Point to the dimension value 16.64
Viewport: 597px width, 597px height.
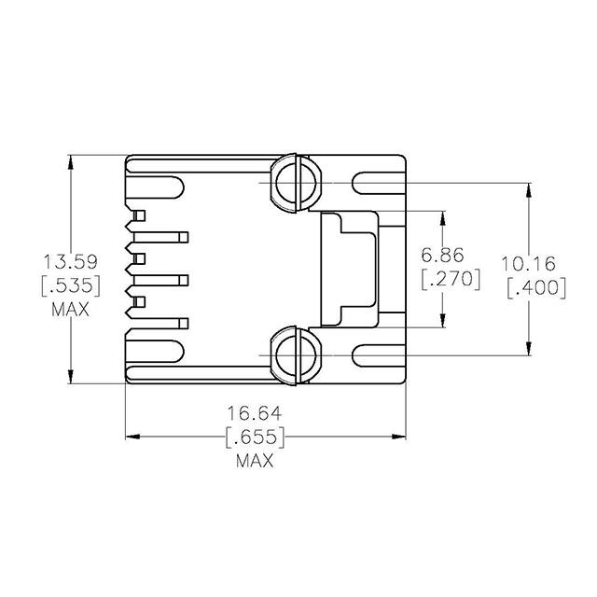pos(255,412)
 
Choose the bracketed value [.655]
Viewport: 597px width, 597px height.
pos(255,437)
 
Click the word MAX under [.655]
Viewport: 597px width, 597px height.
pos(255,461)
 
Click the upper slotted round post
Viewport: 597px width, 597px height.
pos(294,183)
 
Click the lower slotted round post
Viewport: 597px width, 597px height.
pos(294,354)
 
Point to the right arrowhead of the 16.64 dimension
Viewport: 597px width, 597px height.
pos(399,436)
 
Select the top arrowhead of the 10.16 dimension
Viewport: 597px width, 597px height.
pos(529,190)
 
